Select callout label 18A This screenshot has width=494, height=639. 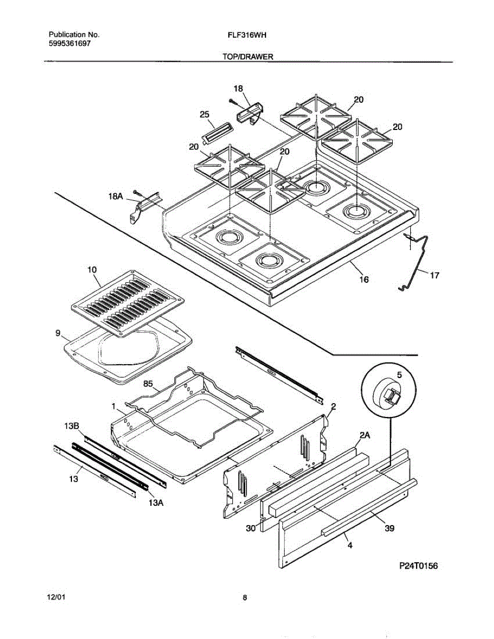(116, 197)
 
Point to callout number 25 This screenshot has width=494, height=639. (204, 114)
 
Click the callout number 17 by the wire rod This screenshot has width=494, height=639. (434, 275)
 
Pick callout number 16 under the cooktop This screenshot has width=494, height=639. (365, 278)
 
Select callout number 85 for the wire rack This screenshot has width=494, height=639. (149, 383)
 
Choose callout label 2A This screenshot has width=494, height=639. (365, 435)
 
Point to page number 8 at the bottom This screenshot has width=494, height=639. (245, 597)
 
